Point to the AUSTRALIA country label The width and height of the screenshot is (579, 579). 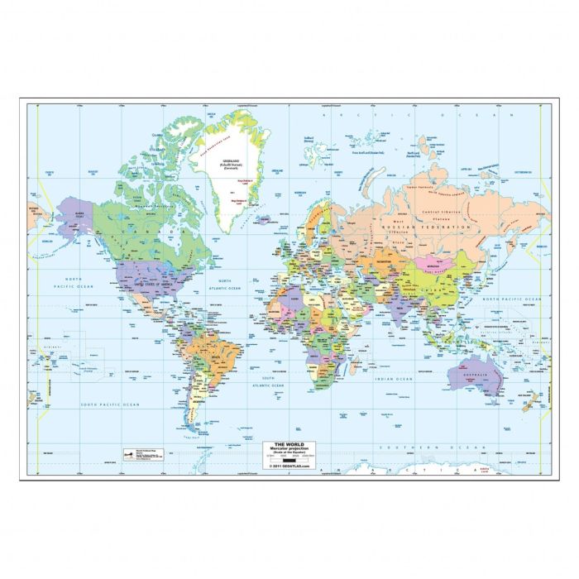point(471,376)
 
